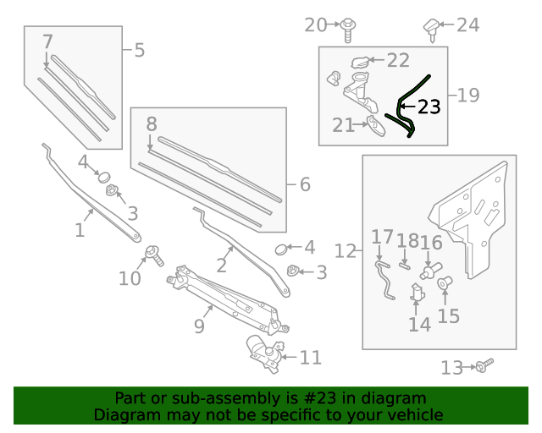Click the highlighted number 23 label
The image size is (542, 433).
click(429, 107)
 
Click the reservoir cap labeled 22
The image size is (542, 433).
click(362, 61)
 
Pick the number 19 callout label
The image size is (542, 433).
click(468, 95)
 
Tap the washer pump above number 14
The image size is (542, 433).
click(418, 293)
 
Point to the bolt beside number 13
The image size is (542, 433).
click(484, 365)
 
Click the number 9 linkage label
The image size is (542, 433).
click(199, 325)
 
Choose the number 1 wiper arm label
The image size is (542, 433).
click(80, 230)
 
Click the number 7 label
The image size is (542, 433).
click(47, 41)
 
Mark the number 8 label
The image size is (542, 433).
click(152, 124)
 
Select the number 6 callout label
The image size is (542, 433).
click(305, 184)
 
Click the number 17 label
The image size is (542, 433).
click(383, 238)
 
